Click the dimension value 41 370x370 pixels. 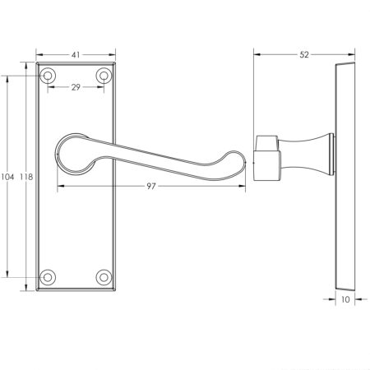pyautogui.click(x=75, y=55)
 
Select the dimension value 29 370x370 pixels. pyautogui.click(x=75, y=86)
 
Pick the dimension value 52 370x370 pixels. pyautogui.click(x=304, y=55)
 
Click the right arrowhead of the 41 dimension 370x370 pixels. pyautogui.click(x=111, y=55)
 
